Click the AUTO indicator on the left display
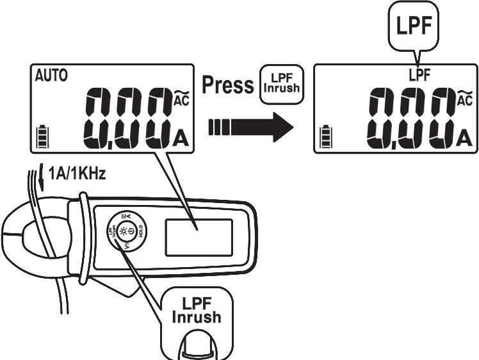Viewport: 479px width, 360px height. click(45, 76)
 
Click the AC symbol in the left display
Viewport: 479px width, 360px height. click(180, 98)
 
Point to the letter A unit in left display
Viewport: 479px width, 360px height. click(181, 136)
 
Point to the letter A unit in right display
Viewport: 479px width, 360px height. click(464, 136)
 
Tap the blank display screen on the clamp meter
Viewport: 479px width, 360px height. click(190, 234)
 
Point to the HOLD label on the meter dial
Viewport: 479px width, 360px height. click(140, 234)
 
